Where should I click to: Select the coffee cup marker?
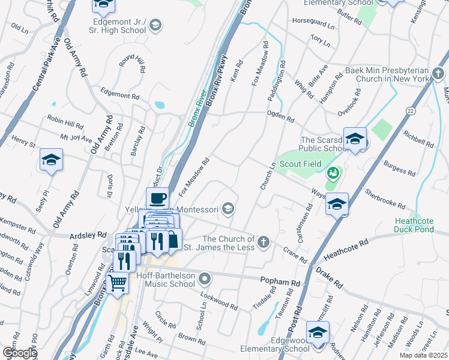pyautogui.click(x=158, y=198)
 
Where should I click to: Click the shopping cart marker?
pyautogui.click(x=118, y=281)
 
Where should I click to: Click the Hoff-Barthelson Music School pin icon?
pyautogui.click(x=205, y=278)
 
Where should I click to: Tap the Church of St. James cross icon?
pyautogui.click(x=263, y=242)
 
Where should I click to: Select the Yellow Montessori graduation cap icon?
pyautogui.click(x=228, y=209)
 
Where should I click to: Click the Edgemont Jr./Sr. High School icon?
pyautogui.click(x=155, y=25)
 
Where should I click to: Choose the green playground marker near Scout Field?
pyautogui.click(x=333, y=174)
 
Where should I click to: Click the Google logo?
pyautogui.click(x=20, y=353)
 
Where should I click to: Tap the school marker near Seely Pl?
pyautogui.click(x=52, y=161)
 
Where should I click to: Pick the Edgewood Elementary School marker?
pyautogui.click(x=318, y=332)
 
